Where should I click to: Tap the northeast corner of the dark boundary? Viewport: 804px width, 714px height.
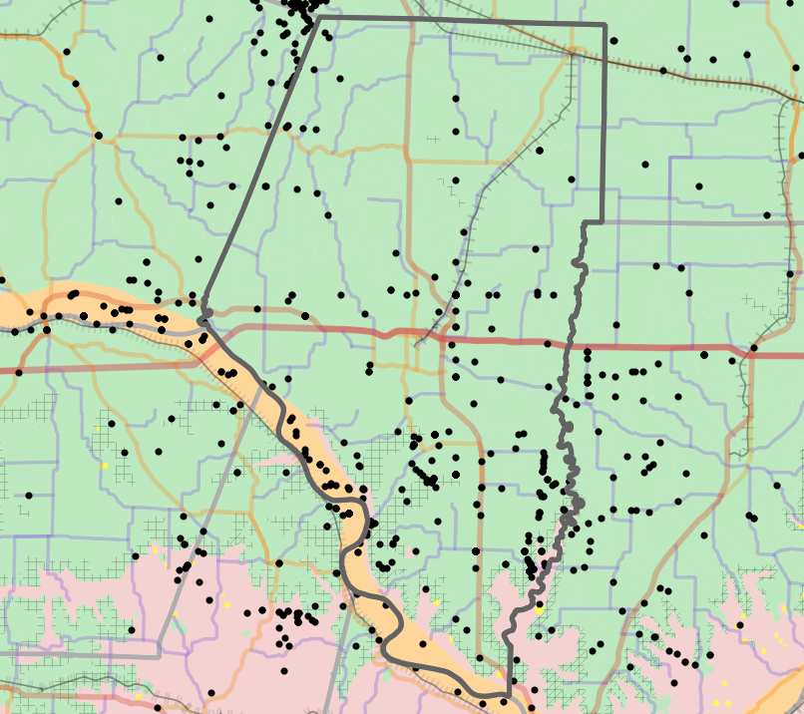tap(604, 24)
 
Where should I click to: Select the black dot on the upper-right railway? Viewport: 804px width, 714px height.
tap(663, 71)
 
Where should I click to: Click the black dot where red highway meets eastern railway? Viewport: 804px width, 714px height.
tap(753, 348)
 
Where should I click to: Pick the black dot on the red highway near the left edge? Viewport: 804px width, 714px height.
tap(17, 371)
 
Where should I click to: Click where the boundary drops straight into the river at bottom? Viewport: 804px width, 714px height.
tap(509, 692)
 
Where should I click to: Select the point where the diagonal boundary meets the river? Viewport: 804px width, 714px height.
tap(202, 318)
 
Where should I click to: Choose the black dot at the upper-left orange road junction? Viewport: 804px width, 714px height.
tap(98, 136)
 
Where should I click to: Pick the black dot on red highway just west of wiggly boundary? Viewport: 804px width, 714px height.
tap(547, 344)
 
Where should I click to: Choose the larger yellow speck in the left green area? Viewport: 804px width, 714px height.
tap(104, 465)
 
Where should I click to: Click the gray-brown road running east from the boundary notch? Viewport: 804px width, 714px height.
tap(698, 223)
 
